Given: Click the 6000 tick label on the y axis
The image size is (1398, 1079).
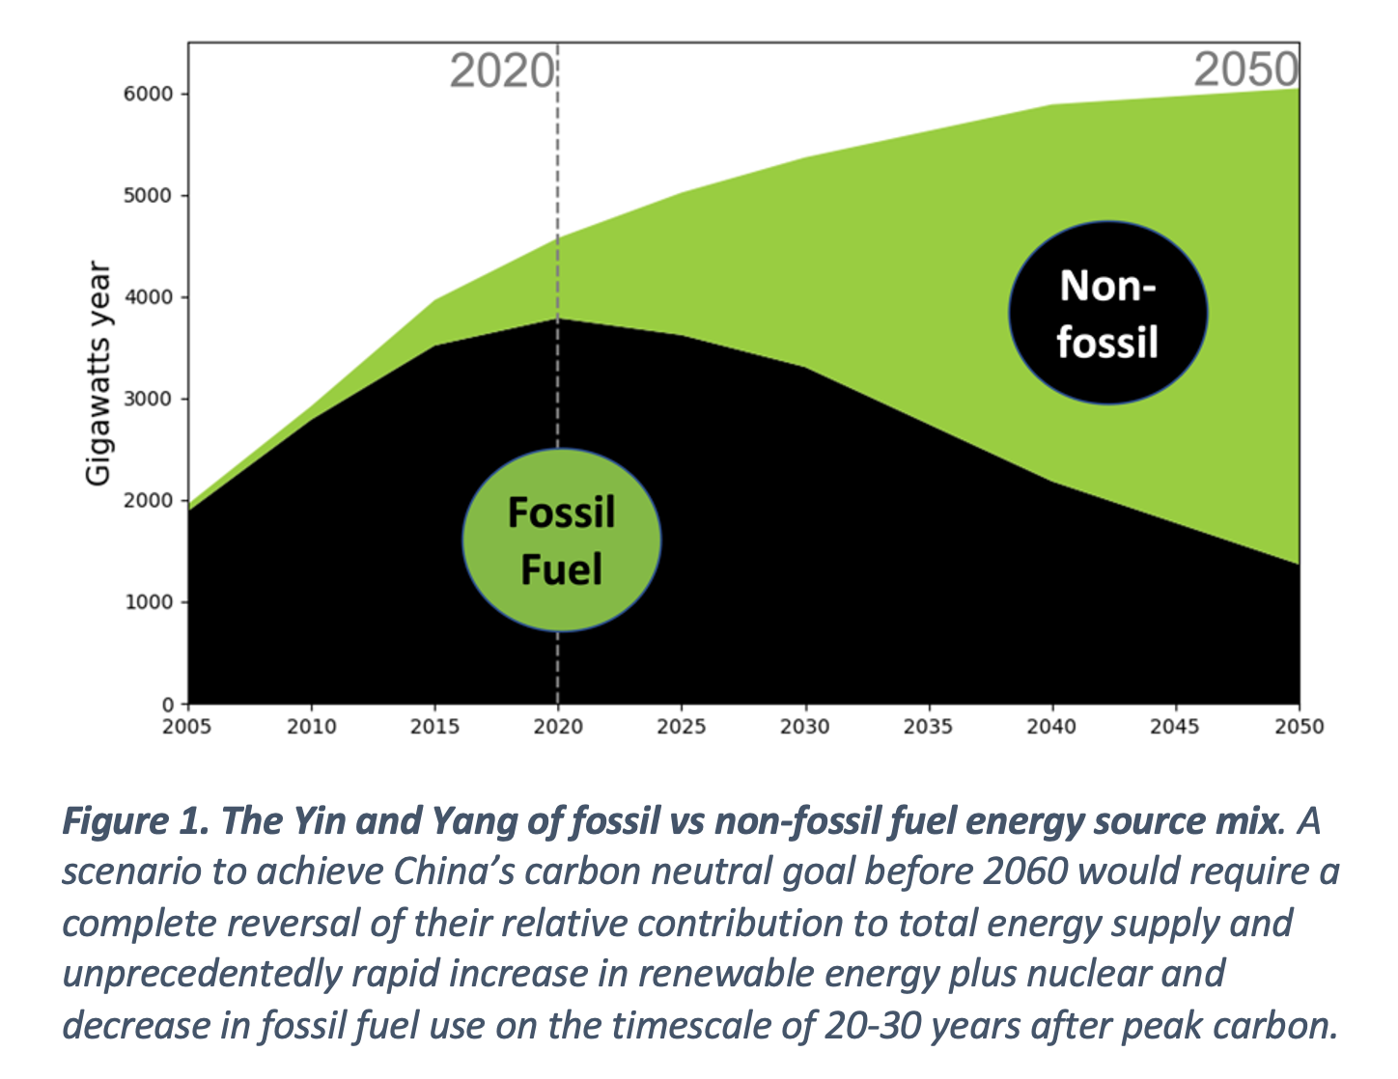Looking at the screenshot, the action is click(x=149, y=94).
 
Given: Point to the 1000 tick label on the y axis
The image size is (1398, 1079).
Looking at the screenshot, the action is click(x=149, y=602).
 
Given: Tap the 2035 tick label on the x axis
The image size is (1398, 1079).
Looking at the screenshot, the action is click(x=928, y=727).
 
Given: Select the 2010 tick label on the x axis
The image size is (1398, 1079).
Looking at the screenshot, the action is click(x=312, y=727).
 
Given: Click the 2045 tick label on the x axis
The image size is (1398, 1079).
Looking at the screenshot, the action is click(x=1175, y=727).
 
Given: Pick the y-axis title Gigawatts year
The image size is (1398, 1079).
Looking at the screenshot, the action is click(x=98, y=373).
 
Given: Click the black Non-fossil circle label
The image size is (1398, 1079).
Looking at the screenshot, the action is click(x=1107, y=313).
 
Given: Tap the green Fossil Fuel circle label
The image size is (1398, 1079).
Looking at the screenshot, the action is click(x=562, y=540).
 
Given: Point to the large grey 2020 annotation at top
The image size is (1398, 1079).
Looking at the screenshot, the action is click(x=502, y=70).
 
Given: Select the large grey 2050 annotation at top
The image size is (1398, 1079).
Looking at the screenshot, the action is click(x=1246, y=69).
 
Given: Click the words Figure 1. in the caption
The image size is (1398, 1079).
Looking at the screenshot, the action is click(x=136, y=822).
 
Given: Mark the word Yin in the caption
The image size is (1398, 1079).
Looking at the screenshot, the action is click(x=319, y=821).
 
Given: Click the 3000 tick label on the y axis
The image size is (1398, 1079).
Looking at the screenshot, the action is click(x=149, y=399).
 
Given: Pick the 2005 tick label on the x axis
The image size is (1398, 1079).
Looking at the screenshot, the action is click(x=186, y=727).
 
